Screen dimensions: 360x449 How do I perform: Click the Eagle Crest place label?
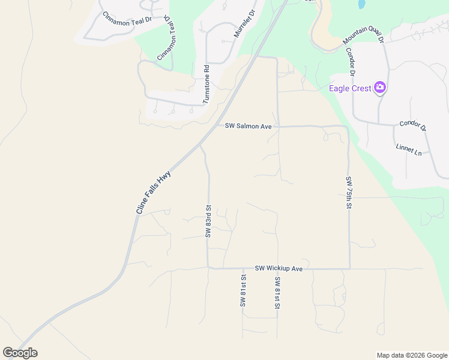[350, 88]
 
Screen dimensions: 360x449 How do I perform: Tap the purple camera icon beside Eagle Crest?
[379, 88]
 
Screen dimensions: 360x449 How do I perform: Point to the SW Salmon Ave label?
[249, 126]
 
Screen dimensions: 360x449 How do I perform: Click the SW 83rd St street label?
[208, 221]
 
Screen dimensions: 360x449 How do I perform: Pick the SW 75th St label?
[349, 193]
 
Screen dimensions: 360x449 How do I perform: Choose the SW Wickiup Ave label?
[279, 268]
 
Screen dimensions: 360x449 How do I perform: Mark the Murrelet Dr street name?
[241, 24]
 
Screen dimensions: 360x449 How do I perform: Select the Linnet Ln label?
[409, 149]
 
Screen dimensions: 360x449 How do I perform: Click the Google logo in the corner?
[20, 353]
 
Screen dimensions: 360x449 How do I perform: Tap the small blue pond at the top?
[361, 4]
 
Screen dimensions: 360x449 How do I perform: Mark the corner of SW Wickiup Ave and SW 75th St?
[349, 268]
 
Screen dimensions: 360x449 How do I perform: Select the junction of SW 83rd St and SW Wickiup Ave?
[208, 268]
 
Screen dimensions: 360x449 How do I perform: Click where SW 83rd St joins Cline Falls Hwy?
[200, 145]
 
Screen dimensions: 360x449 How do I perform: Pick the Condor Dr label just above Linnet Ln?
[412, 127]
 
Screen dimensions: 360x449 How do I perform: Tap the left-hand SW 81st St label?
[243, 291]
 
